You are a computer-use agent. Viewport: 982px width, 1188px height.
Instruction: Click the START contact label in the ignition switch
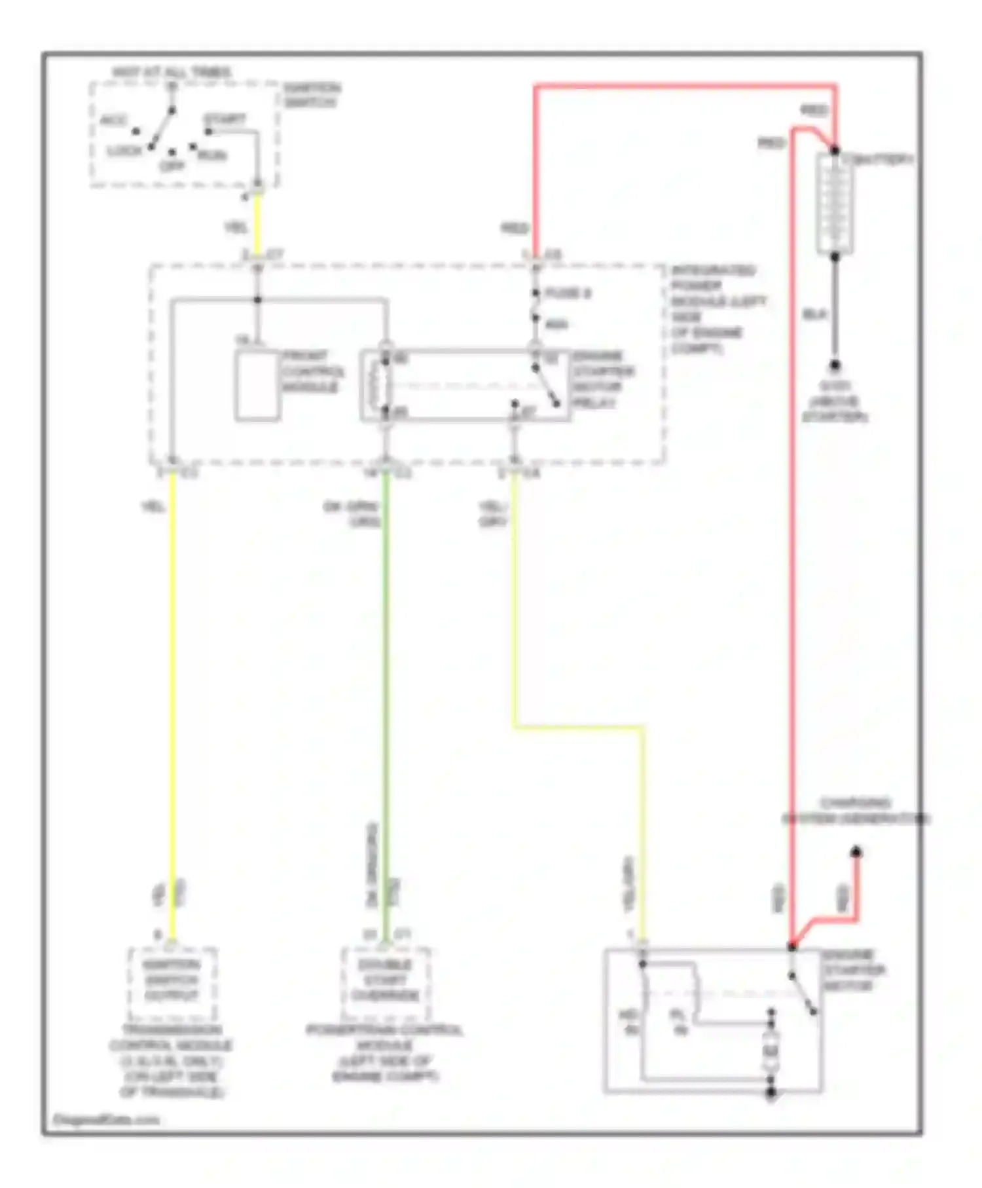click(x=225, y=120)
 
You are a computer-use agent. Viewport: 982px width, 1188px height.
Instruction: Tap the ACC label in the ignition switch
click(x=113, y=121)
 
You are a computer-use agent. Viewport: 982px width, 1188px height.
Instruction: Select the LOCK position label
click(x=124, y=151)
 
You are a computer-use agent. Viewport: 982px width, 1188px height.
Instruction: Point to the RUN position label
click(x=213, y=155)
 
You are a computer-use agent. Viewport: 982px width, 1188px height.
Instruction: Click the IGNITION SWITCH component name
click(x=312, y=96)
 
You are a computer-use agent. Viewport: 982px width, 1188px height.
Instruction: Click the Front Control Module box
click(x=257, y=385)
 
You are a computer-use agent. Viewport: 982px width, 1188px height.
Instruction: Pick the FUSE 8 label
click(x=568, y=293)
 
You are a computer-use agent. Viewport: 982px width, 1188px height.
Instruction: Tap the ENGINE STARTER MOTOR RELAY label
click(x=603, y=380)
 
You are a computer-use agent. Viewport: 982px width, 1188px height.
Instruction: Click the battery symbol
click(x=835, y=204)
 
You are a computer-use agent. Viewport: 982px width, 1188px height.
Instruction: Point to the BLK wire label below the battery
click(x=814, y=315)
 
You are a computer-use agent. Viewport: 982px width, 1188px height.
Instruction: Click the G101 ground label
click(x=835, y=401)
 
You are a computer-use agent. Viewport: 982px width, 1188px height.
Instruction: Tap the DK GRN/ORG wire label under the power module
click(x=352, y=513)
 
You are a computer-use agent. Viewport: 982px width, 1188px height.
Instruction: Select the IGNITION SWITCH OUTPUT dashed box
click(x=172, y=980)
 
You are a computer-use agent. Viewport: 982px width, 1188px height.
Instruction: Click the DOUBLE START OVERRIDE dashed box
click(x=385, y=980)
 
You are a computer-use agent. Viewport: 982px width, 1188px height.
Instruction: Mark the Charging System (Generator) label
click(x=856, y=811)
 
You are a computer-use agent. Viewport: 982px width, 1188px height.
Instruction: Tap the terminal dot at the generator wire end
click(x=856, y=852)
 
